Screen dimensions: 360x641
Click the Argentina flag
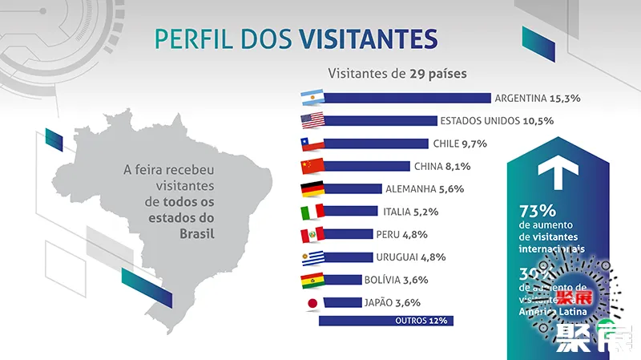(311, 99)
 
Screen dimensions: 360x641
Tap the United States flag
(311, 121)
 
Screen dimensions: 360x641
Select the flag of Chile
(311, 144)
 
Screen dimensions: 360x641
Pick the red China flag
(311, 167)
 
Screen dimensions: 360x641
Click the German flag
(311, 189)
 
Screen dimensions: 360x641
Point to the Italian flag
(311, 212)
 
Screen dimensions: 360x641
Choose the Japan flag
(311, 303)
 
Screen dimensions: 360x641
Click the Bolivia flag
(311, 281)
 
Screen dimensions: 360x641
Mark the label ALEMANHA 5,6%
(425, 189)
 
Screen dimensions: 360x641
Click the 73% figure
(538, 212)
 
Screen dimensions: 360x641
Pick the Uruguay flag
(311, 258)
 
